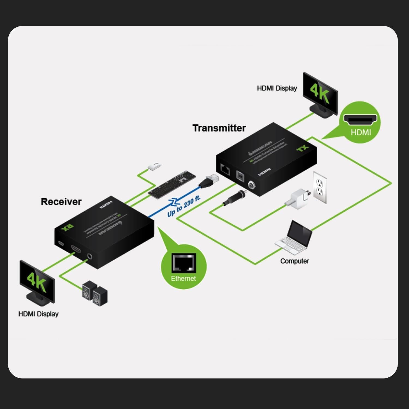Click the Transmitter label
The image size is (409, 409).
[219, 128]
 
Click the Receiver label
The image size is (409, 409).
[61, 202]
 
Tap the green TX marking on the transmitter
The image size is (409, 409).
[302, 149]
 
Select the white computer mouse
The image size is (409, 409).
[154, 166]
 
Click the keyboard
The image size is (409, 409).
[172, 183]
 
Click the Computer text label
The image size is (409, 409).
[294, 261]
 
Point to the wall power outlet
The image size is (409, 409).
[320, 188]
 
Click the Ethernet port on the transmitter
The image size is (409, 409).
[225, 170]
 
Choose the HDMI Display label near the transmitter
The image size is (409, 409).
[277, 88]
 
